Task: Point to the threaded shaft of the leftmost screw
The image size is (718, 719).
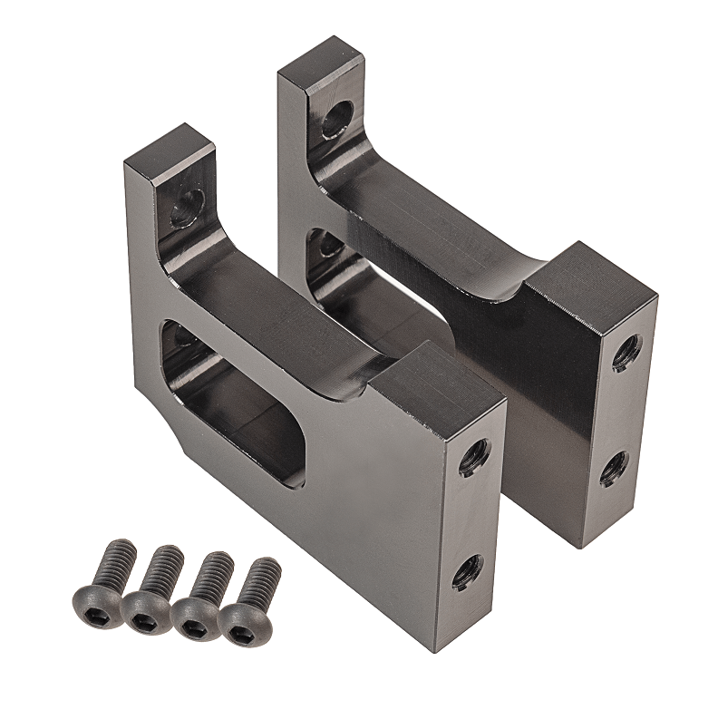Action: point(117,560)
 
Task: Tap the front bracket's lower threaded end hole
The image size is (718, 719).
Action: point(468,572)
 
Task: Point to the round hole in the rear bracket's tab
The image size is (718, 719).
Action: point(338,119)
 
